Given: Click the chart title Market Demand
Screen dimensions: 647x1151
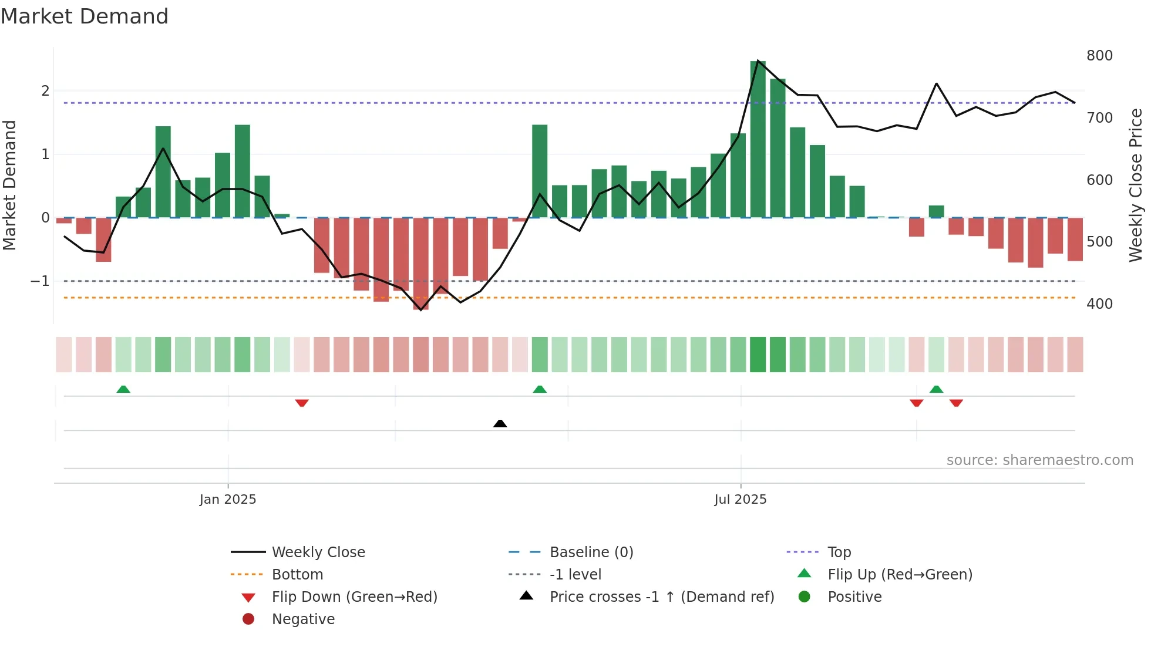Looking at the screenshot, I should pyautogui.click(x=85, y=16).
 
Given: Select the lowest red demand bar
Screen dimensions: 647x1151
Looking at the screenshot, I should pyautogui.click(x=420, y=264).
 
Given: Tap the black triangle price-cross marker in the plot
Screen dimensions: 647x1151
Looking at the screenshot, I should pyautogui.click(x=500, y=423).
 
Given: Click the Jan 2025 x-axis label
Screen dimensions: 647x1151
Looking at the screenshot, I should pyautogui.click(x=228, y=500).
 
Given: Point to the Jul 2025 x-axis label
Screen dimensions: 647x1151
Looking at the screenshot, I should pyautogui.click(x=740, y=500).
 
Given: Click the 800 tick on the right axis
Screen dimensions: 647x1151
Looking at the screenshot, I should pyautogui.click(x=1099, y=56).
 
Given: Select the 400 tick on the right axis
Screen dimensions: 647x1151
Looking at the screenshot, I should pyautogui.click(x=1099, y=304).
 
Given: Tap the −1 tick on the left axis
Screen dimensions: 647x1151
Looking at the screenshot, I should pyautogui.click(x=40, y=281).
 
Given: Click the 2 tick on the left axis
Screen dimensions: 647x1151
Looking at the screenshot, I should pyautogui.click(x=45, y=91).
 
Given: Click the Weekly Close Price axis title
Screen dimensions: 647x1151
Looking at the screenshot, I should pyautogui.click(x=1136, y=185).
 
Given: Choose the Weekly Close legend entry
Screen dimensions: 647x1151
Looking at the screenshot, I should pyautogui.click(x=318, y=552).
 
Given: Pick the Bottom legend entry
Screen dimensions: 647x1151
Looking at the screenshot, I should pyautogui.click(x=297, y=575).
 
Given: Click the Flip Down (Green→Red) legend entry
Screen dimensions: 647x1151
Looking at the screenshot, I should pyautogui.click(x=354, y=597).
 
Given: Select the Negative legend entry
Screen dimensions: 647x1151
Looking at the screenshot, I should pyautogui.click(x=303, y=619).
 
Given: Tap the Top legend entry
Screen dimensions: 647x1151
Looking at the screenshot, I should pyautogui.click(x=839, y=552).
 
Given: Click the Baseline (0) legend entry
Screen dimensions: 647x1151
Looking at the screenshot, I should pyautogui.click(x=591, y=552).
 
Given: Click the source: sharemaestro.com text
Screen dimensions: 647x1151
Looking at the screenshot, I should pyautogui.click(x=1039, y=460).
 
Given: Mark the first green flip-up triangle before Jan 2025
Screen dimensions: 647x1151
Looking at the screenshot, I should pyautogui.click(x=123, y=389).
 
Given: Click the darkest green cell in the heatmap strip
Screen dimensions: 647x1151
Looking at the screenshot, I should pyautogui.click(x=758, y=355).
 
